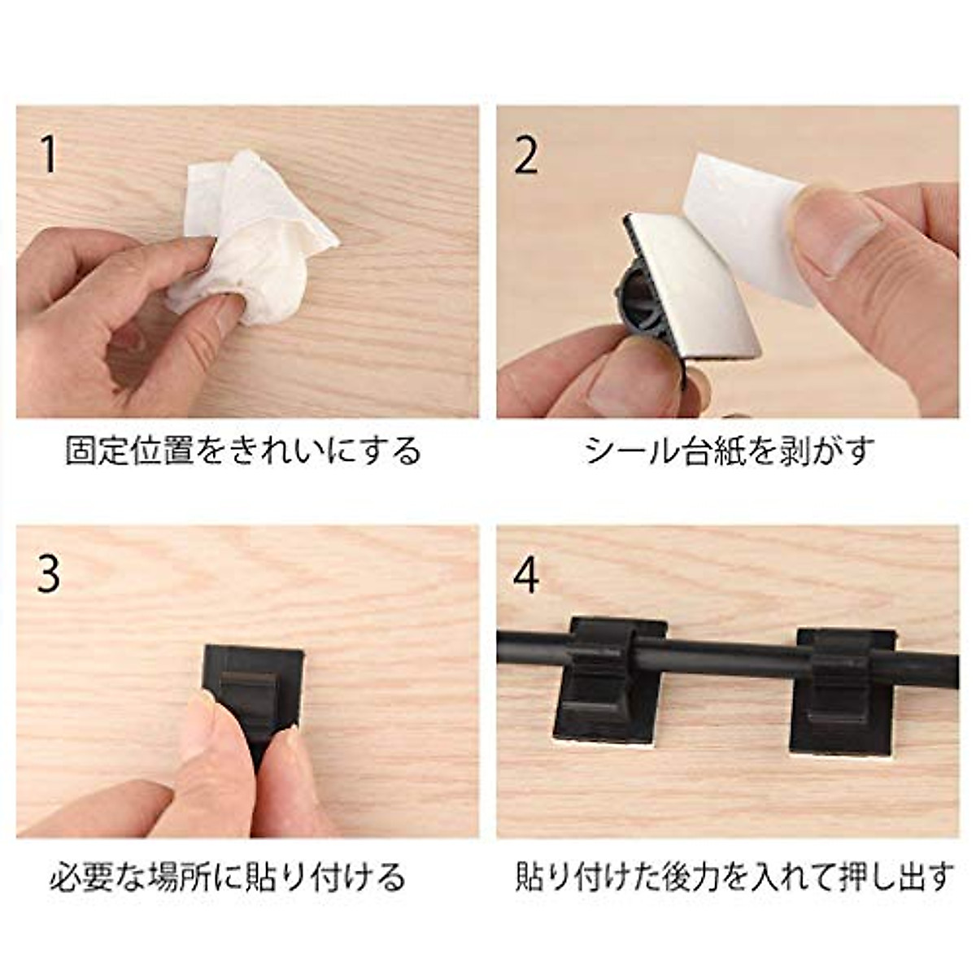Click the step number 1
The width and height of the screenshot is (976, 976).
pyautogui.click(x=50, y=155)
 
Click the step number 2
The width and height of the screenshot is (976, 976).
pyautogui.click(x=526, y=155)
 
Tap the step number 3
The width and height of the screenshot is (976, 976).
pyautogui.click(x=49, y=574)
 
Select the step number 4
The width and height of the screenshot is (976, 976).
pyautogui.click(x=527, y=574)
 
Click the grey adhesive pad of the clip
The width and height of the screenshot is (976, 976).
pyautogui.click(x=691, y=277)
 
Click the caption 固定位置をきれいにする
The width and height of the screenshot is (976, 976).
pyautogui.click(x=244, y=451)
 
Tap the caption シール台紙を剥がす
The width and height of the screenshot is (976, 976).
pyautogui.click(x=729, y=451)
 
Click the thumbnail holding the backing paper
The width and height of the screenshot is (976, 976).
pyautogui.click(x=842, y=232)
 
